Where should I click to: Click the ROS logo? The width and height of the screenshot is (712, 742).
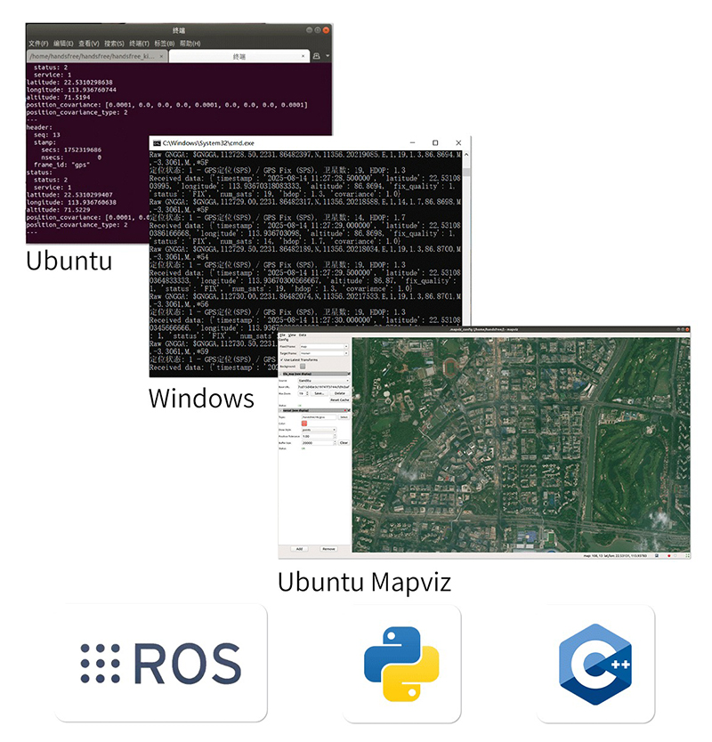160,663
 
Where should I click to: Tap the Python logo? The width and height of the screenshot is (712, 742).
401,664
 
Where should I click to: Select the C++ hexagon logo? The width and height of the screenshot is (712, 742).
595,664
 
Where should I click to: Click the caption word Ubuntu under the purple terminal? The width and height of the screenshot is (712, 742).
69,261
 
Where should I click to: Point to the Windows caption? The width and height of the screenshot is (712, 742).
201,398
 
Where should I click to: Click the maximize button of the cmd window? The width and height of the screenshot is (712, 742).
435,143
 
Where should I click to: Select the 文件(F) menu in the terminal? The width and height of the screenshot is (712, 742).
38,44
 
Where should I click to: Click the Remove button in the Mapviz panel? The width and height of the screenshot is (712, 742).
328,549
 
